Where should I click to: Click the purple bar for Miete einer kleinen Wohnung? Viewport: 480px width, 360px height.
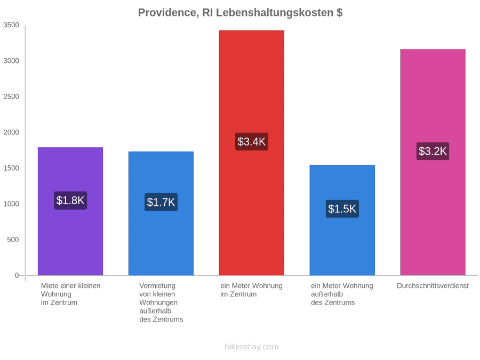(x=70, y=211)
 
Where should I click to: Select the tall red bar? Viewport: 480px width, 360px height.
(x=251, y=153)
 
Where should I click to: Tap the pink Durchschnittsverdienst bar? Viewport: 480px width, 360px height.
(x=433, y=162)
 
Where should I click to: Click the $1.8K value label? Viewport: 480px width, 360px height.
(x=70, y=201)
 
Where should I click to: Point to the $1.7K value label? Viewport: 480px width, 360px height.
(x=161, y=202)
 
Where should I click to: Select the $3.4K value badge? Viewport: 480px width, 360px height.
(x=252, y=141)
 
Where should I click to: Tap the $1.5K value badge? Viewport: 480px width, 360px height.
(x=342, y=209)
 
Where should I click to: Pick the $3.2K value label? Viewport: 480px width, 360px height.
(x=433, y=151)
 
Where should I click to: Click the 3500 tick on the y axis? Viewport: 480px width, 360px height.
(x=11, y=25)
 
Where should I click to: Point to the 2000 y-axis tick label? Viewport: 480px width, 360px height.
(x=11, y=132)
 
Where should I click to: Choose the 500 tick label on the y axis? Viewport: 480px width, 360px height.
(x=13, y=239)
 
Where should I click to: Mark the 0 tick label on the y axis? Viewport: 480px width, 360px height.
(x=17, y=276)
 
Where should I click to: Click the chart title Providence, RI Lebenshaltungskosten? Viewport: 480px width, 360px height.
(x=241, y=13)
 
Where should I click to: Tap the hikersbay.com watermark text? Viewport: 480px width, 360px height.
(x=252, y=347)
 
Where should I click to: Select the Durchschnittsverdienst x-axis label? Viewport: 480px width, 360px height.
(x=433, y=286)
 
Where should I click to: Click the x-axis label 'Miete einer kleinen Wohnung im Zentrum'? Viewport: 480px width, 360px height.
(x=71, y=294)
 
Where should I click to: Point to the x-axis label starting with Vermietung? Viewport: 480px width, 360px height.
(x=161, y=302)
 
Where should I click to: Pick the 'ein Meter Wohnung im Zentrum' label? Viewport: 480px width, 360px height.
(x=251, y=290)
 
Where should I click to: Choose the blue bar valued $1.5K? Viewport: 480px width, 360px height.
(x=342, y=220)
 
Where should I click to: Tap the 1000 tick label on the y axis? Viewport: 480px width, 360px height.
(x=11, y=204)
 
